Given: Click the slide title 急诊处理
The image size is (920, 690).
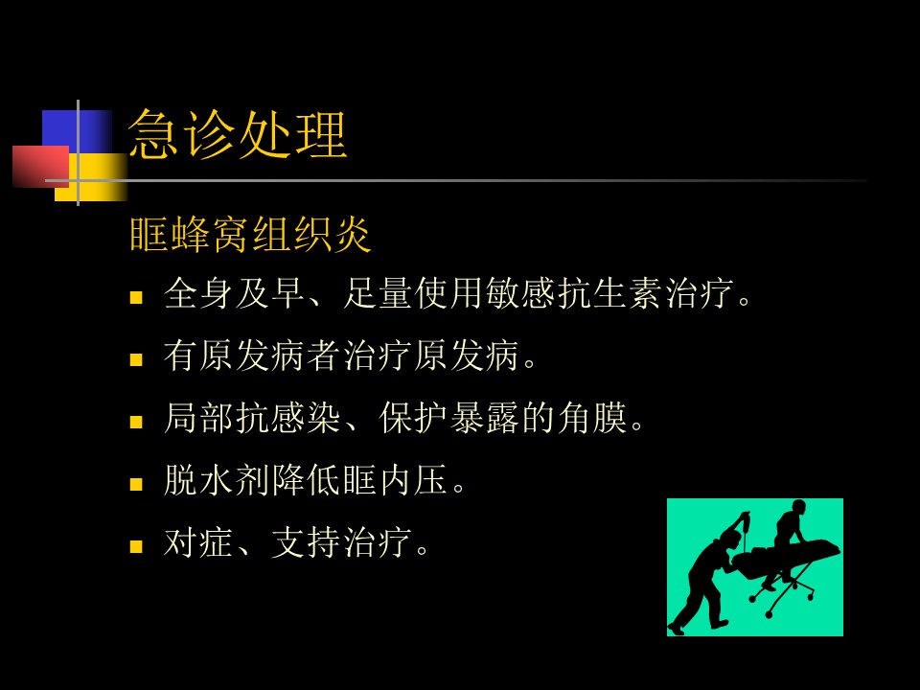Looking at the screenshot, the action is [x=238, y=134].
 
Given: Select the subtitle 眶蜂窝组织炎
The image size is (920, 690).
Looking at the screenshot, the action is [x=250, y=234].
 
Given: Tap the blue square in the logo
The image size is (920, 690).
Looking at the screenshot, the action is [x=77, y=132].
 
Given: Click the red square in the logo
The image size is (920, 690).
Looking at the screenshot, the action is [x=41, y=167].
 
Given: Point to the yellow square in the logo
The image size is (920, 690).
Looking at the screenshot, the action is [x=91, y=178].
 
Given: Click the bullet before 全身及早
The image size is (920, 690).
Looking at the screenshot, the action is [x=136, y=297].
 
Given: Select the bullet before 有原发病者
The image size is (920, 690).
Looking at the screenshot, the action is [x=136, y=359].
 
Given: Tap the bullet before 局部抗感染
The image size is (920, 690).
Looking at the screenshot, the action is [x=136, y=422].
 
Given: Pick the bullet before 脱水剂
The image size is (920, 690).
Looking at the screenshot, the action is [x=136, y=484].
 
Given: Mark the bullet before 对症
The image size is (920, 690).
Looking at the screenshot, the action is [x=136, y=546].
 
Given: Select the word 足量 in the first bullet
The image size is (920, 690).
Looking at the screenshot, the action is [x=379, y=293].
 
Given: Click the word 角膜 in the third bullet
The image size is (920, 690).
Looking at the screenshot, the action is [x=592, y=418].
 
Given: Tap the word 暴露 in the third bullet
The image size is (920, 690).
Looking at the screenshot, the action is [x=485, y=418].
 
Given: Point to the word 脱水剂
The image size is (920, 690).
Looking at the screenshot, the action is [x=218, y=480].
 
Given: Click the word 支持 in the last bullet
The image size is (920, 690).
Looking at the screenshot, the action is [x=307, y=542].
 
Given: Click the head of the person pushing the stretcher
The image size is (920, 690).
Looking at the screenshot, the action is [x=731, y=540].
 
